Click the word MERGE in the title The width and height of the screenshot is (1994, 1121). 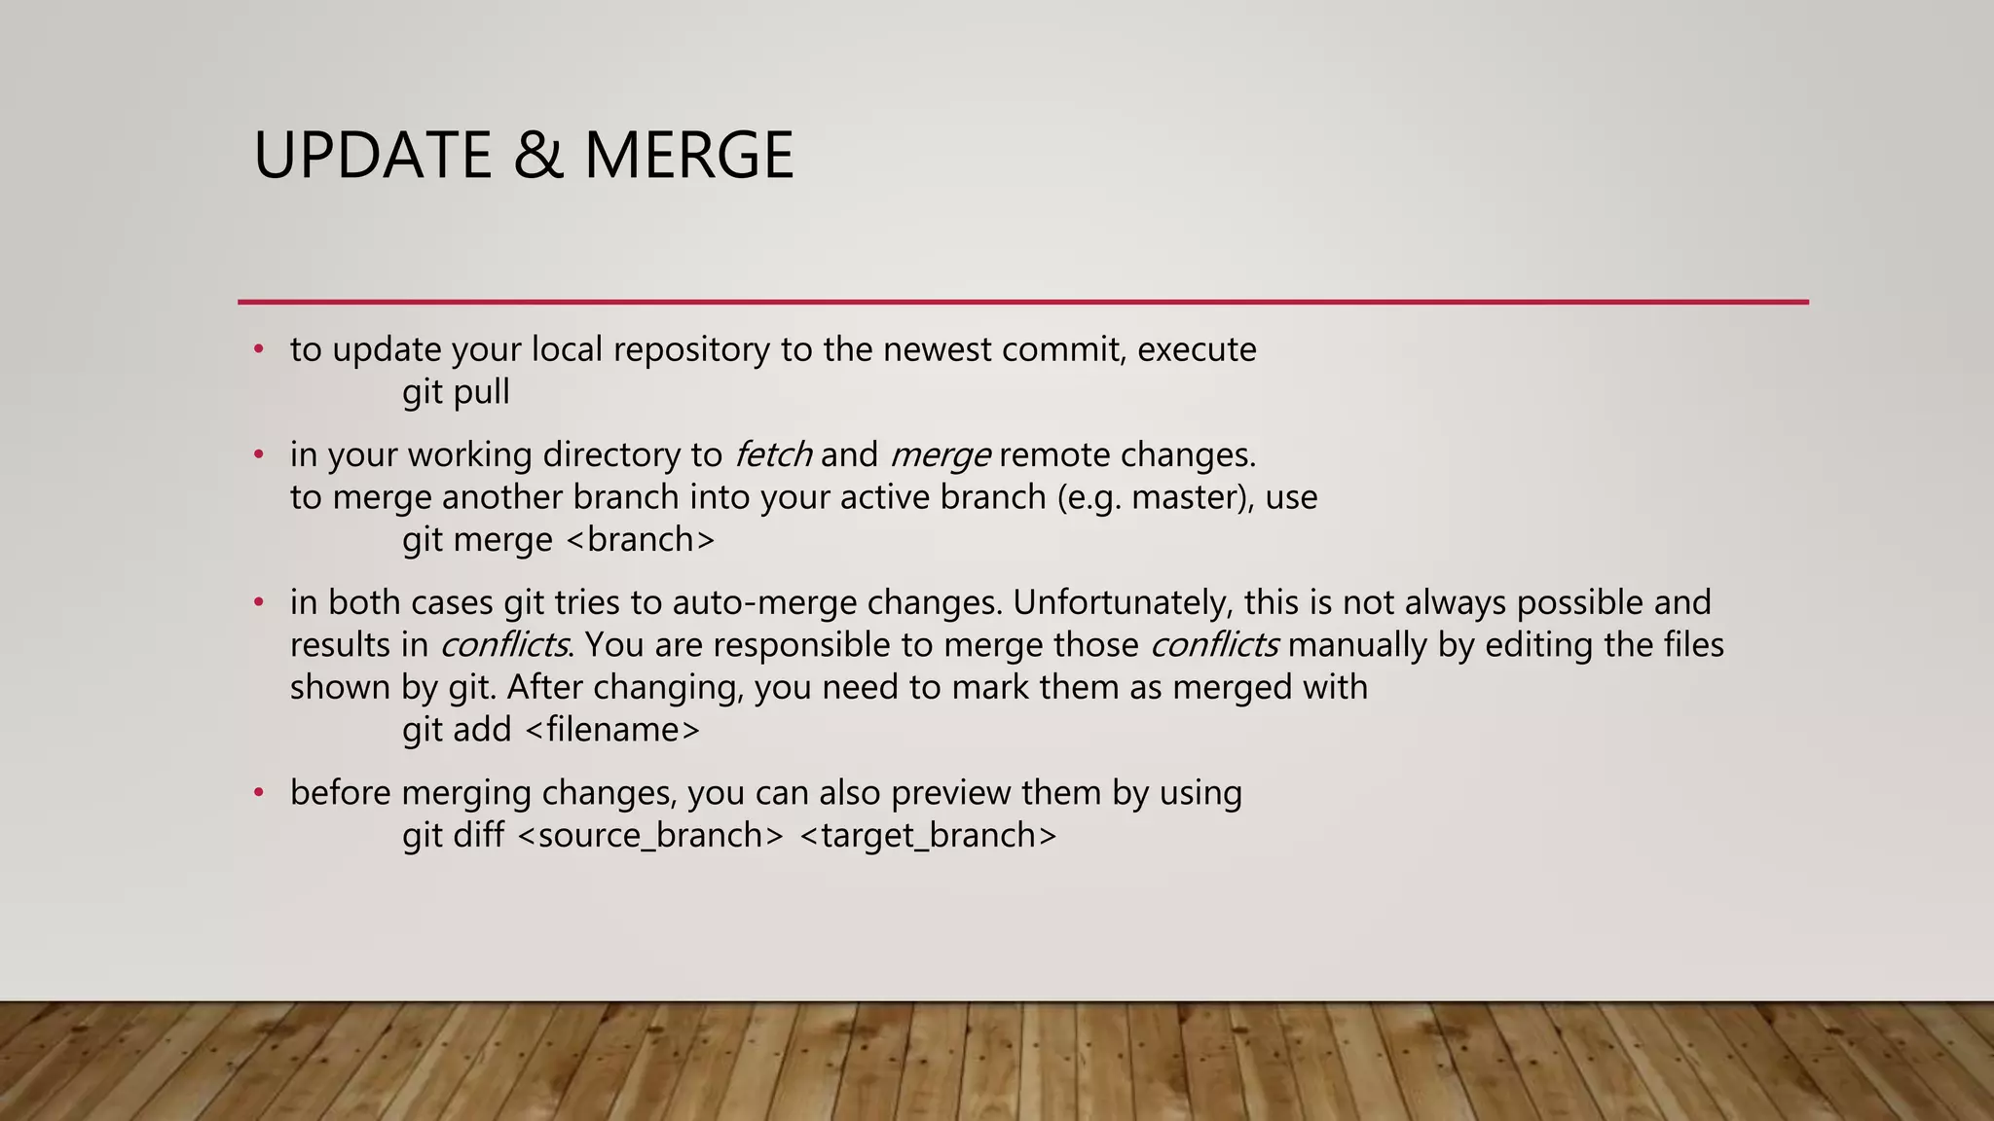point(688,156)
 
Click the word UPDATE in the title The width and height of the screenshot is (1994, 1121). point(373,156)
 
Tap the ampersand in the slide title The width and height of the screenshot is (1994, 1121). point(538,156)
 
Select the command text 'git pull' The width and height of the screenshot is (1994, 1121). point(456,392)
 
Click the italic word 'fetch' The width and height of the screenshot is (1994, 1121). point(772,454)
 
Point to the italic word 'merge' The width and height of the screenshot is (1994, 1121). point(941,454)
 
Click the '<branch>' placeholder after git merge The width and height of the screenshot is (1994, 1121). point(640,539)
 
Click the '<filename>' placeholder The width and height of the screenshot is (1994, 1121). point(611,730)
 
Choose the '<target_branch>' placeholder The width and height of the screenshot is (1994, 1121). point(928,836)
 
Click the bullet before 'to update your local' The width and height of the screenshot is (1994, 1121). point(258,349)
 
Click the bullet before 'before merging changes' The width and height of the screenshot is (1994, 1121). point(258,793)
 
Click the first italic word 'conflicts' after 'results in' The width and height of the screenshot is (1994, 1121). point(503,645)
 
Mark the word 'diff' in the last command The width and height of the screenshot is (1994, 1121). point(478,836)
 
